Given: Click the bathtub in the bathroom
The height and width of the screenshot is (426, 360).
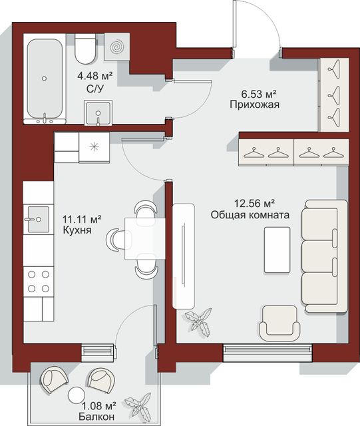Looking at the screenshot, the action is [45, 79].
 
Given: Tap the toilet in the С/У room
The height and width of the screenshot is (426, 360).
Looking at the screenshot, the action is [85, 49].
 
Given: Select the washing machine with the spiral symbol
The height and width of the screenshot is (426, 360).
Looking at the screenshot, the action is [116, 47].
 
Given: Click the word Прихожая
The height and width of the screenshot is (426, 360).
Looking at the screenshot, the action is [255, 105].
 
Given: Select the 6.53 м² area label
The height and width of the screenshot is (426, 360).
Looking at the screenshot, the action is [259, 95].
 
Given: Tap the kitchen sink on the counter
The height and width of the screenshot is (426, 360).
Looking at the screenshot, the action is [39, 219].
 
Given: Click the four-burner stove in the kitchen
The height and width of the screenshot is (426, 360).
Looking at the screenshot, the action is [39, 282].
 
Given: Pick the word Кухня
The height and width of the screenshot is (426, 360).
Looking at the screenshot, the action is [77, 230].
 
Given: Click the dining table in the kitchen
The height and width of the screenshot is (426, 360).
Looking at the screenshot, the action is [145, 239].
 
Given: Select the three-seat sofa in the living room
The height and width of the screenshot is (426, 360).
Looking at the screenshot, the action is [325, 256].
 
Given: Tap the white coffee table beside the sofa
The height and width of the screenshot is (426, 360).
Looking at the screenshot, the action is [277, 250].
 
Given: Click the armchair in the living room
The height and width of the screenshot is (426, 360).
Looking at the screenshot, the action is [279, 323].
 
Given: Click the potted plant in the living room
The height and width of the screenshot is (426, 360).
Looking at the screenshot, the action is [198, 323].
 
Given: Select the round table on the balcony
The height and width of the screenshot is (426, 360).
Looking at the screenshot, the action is [77, 395].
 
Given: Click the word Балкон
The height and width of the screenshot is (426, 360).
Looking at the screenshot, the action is [96, 416].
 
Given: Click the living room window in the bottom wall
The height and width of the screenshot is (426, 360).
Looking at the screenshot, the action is [268, 353].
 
